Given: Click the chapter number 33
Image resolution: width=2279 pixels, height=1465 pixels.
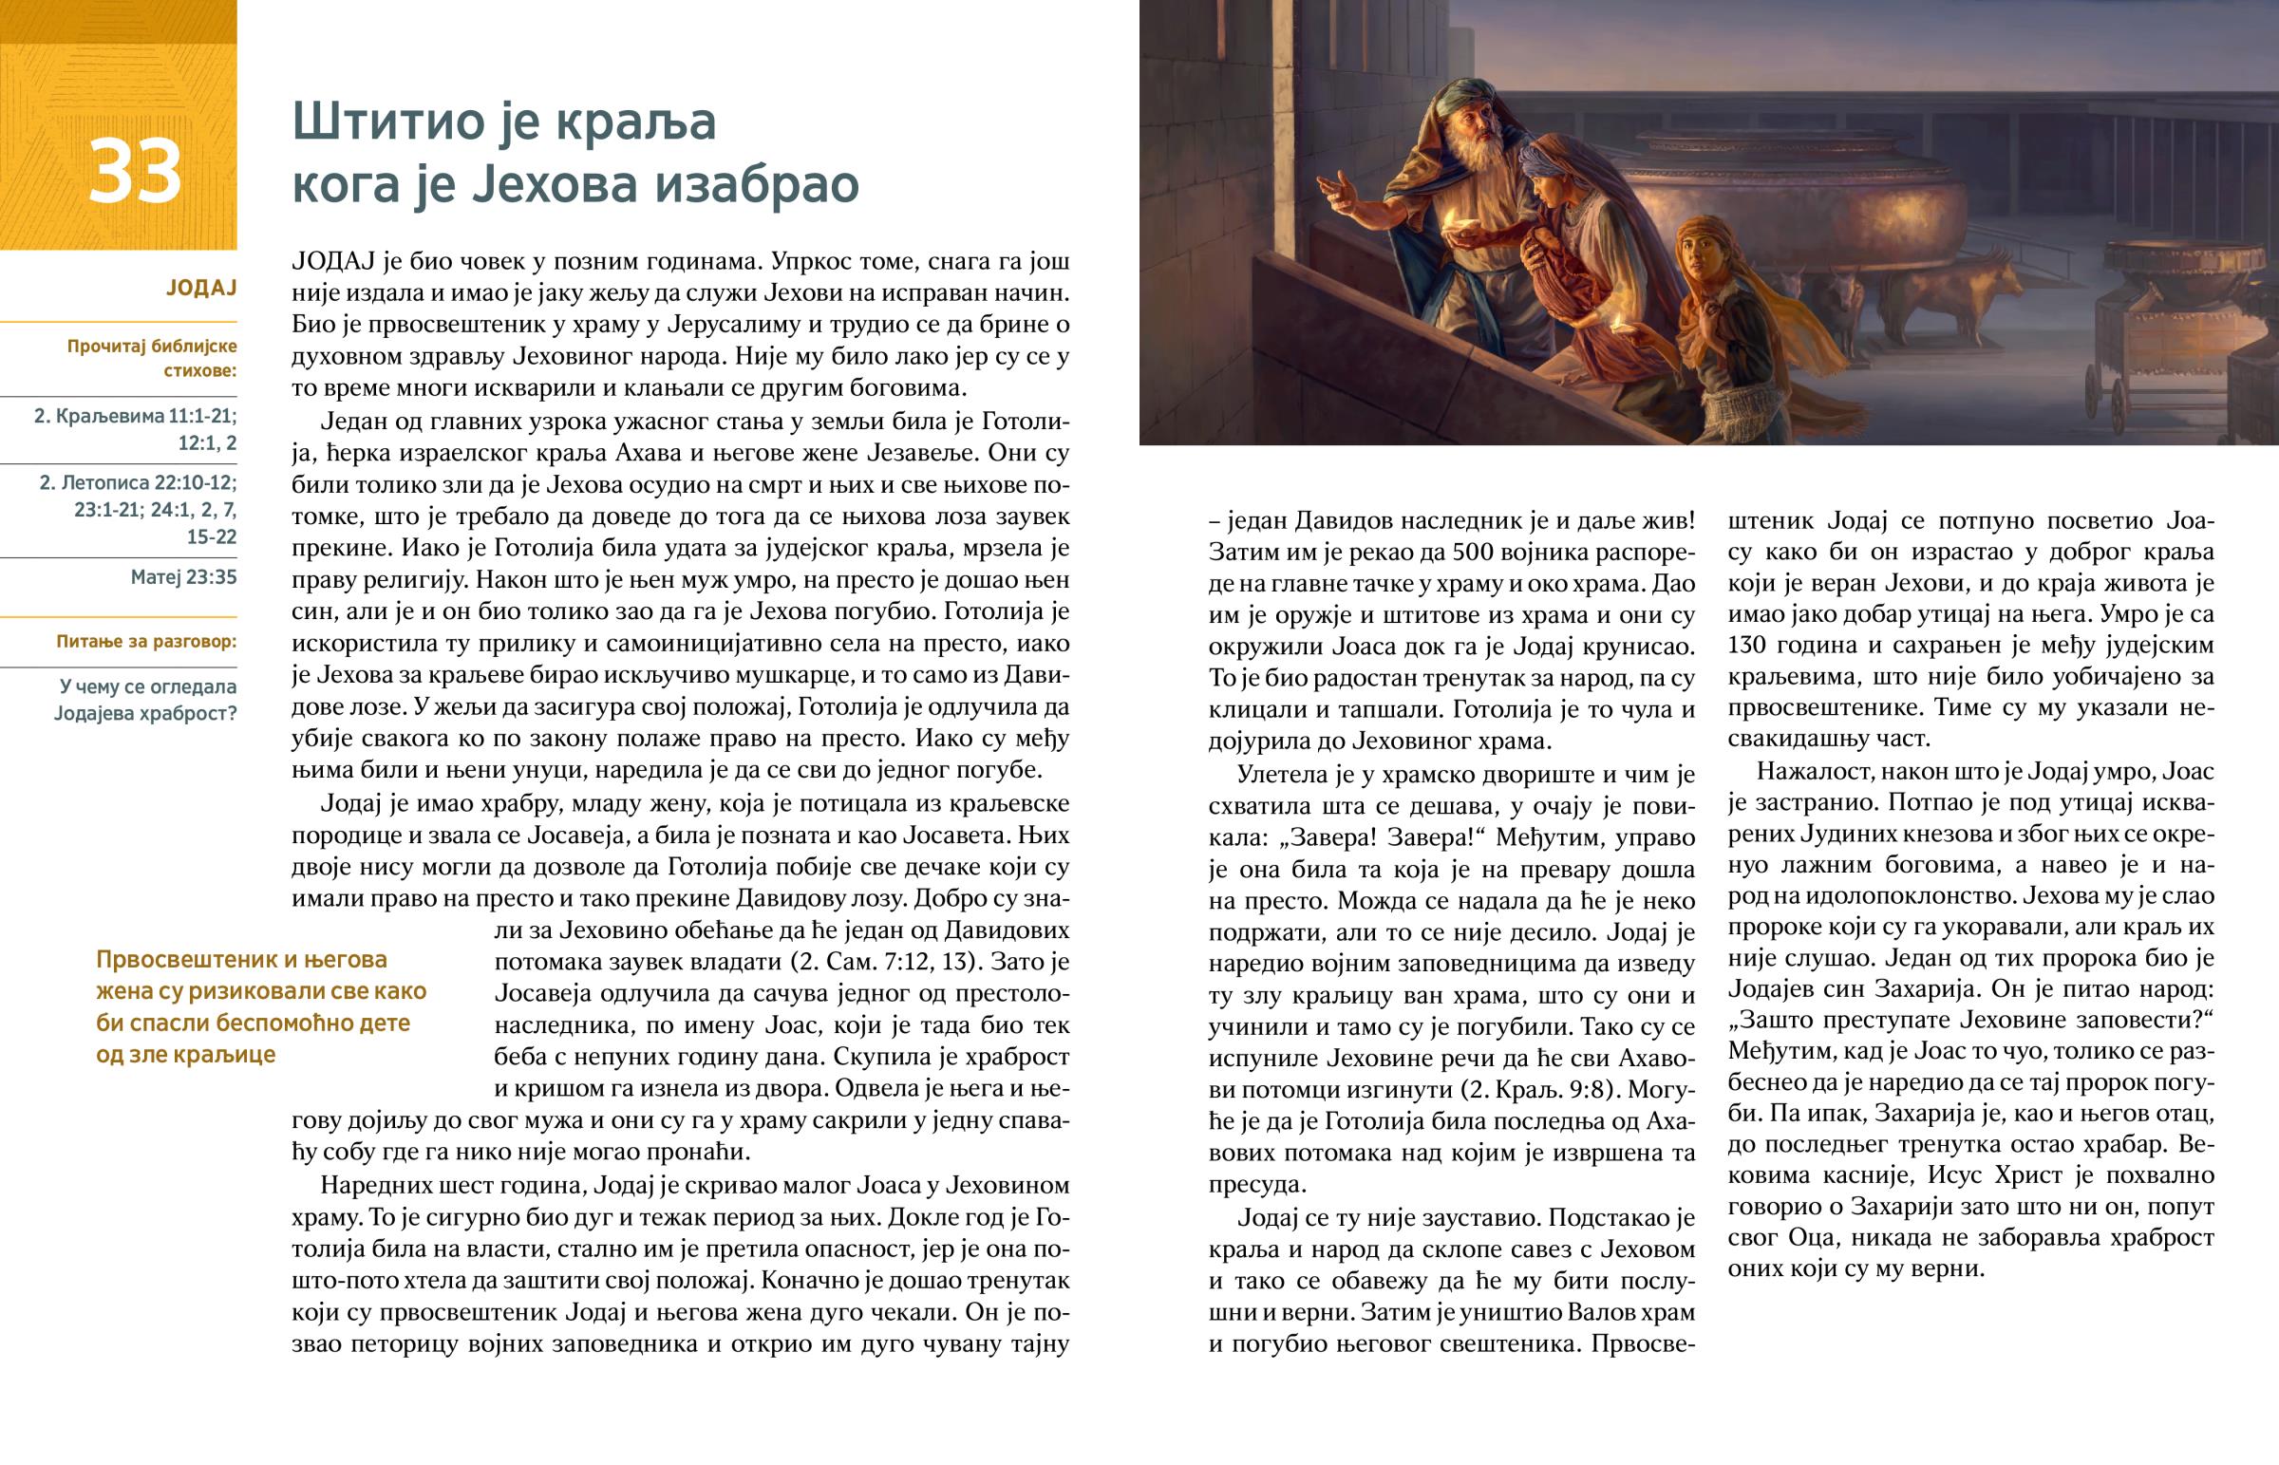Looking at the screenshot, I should pos(134,172).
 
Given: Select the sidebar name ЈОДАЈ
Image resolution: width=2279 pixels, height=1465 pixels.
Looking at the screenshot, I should pos(200,288).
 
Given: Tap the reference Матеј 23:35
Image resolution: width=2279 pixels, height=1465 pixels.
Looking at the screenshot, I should pos(183,576).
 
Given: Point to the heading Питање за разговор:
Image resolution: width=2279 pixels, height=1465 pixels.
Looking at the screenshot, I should pos(146,641).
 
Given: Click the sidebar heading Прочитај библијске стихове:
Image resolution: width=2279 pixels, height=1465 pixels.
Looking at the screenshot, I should pos(152,358).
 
